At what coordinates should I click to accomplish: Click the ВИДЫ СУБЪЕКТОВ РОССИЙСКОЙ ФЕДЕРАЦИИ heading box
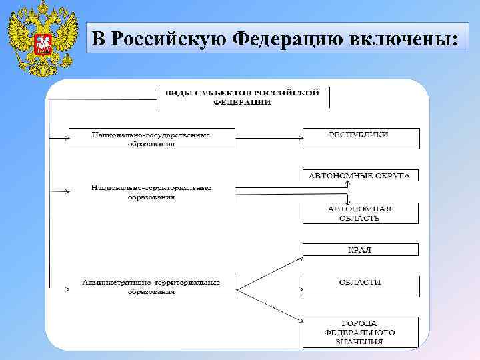point(243,97)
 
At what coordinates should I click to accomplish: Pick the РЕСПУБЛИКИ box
point(361,138)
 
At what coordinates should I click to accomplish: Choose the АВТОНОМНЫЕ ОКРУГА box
point(361,176)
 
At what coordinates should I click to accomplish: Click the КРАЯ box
point(361,250)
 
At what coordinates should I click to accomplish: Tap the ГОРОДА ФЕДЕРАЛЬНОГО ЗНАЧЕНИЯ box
point(361,332)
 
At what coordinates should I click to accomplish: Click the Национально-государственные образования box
point(151,139)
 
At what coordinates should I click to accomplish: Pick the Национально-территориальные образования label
point(151,192)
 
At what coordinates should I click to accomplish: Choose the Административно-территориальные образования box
point(151,287)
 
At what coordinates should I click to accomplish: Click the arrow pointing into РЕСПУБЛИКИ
point(299,139)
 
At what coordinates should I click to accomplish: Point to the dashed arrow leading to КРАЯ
point(269,269)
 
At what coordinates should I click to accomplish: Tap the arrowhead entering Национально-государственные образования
point(67,139)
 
